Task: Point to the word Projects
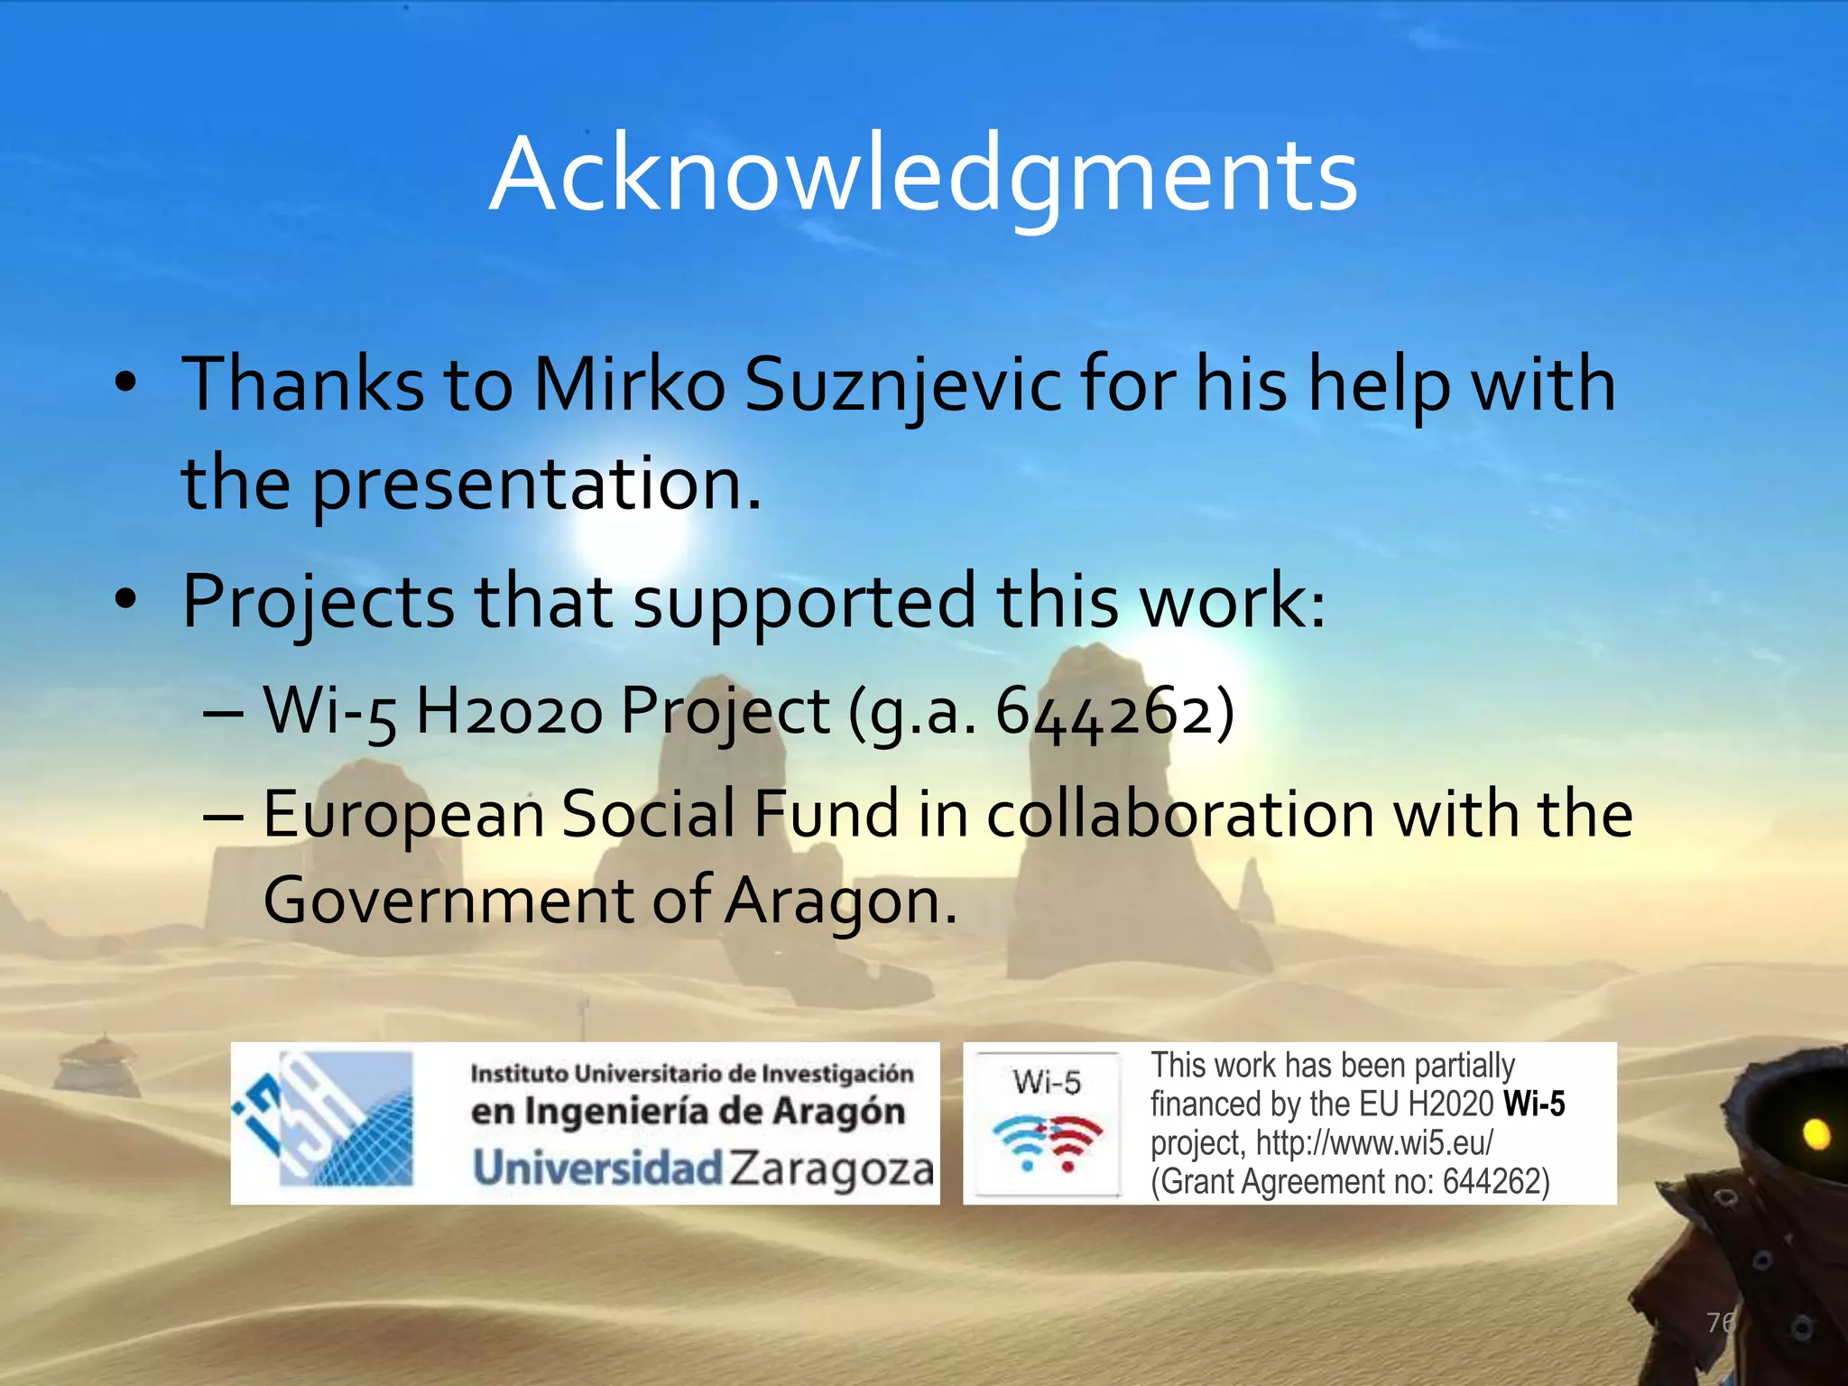[x=318, y=603]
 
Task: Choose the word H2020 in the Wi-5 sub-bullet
[x=509, y=711]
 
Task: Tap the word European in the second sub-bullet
[x=403, y=814]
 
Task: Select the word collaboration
[x=1181, y=814]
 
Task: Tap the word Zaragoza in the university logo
[x=831, y=1169]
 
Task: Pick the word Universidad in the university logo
[x=598, y=1169]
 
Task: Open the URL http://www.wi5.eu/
[x=1374, y=1143]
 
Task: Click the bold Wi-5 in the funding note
[x=1534, y=1104]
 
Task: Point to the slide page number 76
[x=1720, y=1323]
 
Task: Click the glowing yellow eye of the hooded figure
[x=1816, y=1133]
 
